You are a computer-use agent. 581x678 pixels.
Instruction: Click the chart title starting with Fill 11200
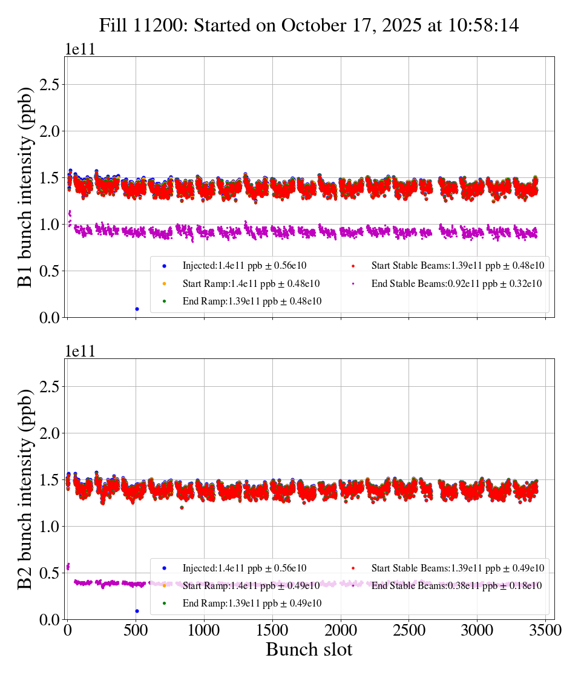(x=309, y=25)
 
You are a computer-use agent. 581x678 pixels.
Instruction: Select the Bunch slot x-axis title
(x=309, y=650)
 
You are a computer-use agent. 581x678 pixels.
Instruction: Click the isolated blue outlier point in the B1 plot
(x=137, y=309)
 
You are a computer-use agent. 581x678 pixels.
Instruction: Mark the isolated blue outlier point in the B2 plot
(x=137, y=611)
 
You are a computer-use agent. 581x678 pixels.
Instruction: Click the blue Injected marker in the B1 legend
(x=164, y=266)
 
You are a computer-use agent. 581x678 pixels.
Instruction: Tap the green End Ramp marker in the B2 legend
(x=164, y=603)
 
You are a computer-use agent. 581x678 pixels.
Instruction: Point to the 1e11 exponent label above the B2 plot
(x=80, y=352)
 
